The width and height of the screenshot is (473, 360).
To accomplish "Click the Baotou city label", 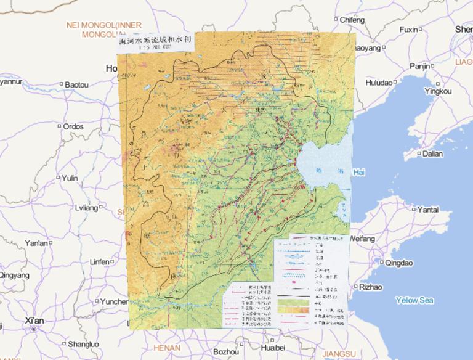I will click(76, 84).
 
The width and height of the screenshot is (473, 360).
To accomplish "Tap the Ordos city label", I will click(73, 126).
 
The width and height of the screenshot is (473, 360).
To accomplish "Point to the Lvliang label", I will click(86, 208).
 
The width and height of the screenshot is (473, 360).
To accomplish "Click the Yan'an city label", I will click(36, 243).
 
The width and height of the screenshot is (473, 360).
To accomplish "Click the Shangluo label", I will click(83, 344).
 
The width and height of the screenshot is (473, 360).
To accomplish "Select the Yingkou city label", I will click(438, 91).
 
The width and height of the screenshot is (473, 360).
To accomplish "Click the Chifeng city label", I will click(352, 20).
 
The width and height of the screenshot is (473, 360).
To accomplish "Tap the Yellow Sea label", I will click(414, 300).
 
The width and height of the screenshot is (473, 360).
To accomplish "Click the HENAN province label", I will click(166, 348).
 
